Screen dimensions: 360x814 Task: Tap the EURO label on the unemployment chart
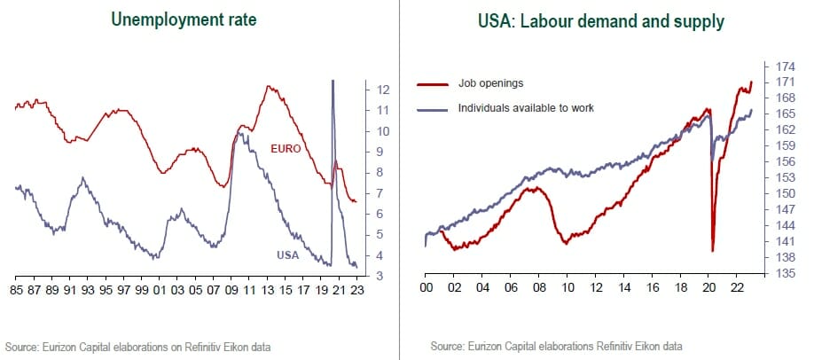point(286,148)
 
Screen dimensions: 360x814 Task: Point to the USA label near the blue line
point(288,255)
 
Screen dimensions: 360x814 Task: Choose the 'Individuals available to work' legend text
point(526,107)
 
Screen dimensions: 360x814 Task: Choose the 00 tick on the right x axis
point(427,289)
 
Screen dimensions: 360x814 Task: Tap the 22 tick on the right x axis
point(736,289)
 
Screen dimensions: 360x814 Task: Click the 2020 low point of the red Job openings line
point(713,251)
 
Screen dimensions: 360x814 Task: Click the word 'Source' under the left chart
point(22,345)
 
